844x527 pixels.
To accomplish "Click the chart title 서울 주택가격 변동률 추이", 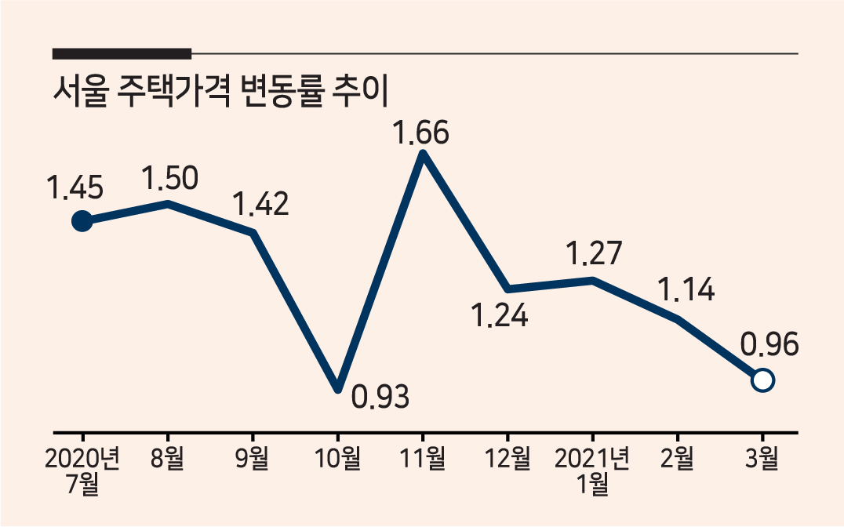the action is pyautogui.click(x=220, y=92).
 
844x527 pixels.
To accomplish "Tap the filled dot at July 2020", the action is pyautogui.click(x=82, y=220).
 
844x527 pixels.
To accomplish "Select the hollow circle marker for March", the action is pyautogui.click(x=762, y=380).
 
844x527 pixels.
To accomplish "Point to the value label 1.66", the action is pyautogui.click(x=421, y=133).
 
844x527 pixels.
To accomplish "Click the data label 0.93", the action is pyautogui.click(x=380, y=397).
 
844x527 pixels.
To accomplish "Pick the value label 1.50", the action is pyautogui.click(x=170, y=178).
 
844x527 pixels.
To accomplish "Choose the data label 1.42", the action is pyautogui.click(x=260, y=204).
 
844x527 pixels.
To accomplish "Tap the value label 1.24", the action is pyautogui.click(x=500, y=315).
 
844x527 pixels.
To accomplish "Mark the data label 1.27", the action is pyautogui.click(x=595, y=253).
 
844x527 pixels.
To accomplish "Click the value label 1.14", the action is pyautogui.click(x=687, y=289).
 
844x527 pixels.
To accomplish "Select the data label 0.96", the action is pyautogui.click(x=769, y=344).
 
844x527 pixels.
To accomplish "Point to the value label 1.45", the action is pyautogui.click(x=75, y=188).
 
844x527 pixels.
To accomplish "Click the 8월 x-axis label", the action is pyautogui.click(x=167, y=459).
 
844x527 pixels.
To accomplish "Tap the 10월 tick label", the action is pyautogui.click(x=337, y=459).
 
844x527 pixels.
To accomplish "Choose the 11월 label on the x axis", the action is pyautogui.click(x=423, y=459).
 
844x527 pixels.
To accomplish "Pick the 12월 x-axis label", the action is pyautogui.click(x=507, y=459).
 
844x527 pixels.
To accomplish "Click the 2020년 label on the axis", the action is pyautogui.click(x=82, y=459).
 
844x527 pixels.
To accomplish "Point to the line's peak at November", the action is pyautogui.click(x=423, y=154).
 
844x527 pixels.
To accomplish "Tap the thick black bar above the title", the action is pyautogui.click(x=122, y=53).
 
